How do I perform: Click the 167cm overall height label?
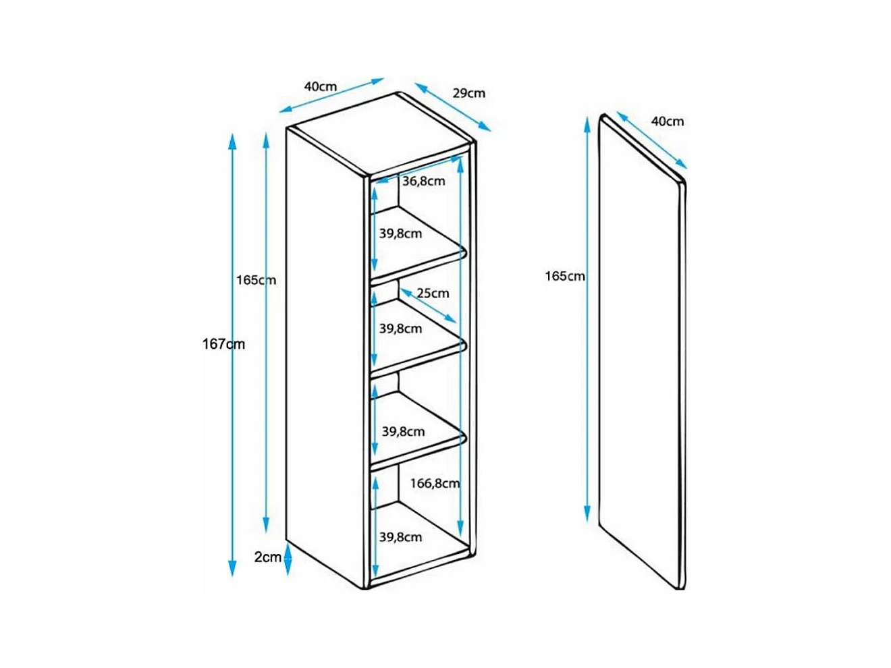223,344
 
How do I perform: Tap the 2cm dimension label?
267,557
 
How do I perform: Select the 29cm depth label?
468,93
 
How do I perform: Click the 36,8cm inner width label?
424,181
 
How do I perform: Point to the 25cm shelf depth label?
433,293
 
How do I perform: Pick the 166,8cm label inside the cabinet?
435,483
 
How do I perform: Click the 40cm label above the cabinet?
320,86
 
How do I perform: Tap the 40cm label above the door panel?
667,121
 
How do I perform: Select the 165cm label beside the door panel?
565,276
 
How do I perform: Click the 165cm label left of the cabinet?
256,280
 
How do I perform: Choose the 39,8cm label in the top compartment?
400,233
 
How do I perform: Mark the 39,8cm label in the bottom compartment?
400,537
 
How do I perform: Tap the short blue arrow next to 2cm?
288,559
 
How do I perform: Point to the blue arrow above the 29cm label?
452,108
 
